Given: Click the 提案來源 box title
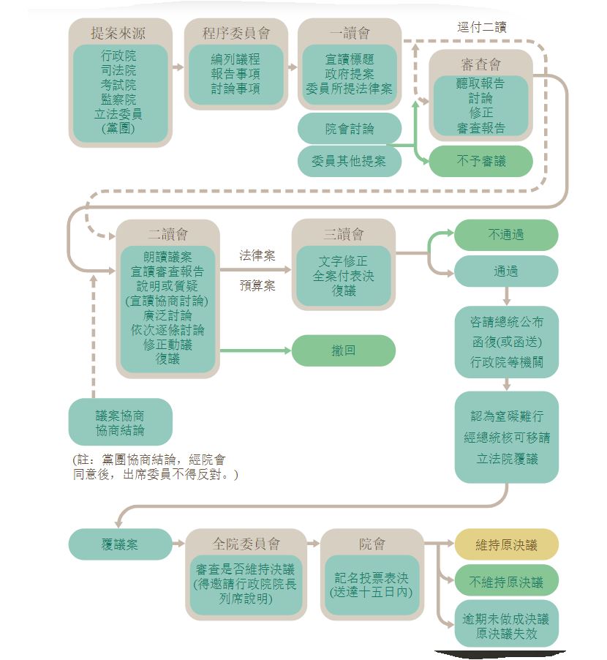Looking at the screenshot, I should pyautogui.click(x=121, y=33).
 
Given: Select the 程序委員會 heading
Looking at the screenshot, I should pyautogui.click(x=235, y=33).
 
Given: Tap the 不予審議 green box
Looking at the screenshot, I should pyautogui.click(x=480, y=161).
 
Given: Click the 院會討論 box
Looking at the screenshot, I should pyautogui.click(x=350, y=129).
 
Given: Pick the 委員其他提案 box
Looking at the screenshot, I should pyautogui.click(x=350, y=161).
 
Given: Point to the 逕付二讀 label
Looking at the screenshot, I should pyautogui.click(x=481, y=27).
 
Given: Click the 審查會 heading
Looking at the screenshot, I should pyautogui.click(x=480, y=64).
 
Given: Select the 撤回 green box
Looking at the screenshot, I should pyautogui.click(x=344, y=350).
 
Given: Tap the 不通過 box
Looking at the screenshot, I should pyautogui.click(x=506, y=235).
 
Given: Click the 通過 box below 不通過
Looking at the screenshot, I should pyautogui.click(x=506, y=271).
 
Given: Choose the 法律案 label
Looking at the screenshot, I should pyautogui.click(x=257, y=255).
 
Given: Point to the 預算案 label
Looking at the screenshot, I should pyautogui.click(x=257, y=285).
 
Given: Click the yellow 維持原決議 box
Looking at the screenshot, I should pyautogui.click(x=506, y=545).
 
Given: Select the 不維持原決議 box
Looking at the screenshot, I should pyautogui.click(x=506, y=582).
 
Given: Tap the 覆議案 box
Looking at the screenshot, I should pyautogui.click(x=120, y=545).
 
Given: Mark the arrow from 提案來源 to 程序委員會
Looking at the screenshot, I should pyautogui.click(x=178, y=67).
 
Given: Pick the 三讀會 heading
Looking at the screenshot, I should pyautogui.click(x=344, y=234).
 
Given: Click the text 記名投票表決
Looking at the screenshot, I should pyautogui.click(x=372, y=578).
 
